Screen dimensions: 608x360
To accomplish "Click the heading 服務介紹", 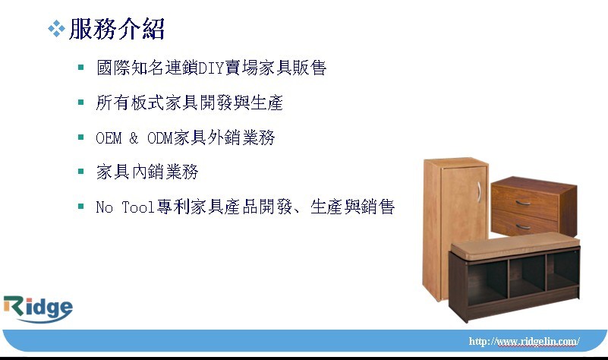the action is [x=117, y=29].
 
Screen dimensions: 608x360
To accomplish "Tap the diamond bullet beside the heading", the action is [x=56, y=29].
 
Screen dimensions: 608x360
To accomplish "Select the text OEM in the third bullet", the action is [x=109, y=137].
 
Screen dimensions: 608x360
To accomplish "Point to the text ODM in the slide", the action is [x=159, y=137].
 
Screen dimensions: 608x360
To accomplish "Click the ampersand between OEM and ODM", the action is [x=134, y=137].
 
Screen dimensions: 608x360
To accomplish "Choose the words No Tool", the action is [x=125, y=207].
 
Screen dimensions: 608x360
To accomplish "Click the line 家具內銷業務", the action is [x=147, y=172].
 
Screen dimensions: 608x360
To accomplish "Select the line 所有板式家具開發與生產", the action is [x=189, y=103].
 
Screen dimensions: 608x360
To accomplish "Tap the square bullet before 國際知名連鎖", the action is [x=80, y=68].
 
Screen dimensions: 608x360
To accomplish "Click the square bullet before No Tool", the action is [x=80, y=206].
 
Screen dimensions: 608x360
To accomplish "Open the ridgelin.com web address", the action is [x=525, y=341].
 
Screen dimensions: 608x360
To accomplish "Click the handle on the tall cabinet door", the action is [x=479, y=191].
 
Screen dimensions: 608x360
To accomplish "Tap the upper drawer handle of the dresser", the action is [x=523, y=203].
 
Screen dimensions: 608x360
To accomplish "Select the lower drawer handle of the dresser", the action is [x=523, y=226].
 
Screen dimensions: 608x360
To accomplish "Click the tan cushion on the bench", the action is [x=515, y=245].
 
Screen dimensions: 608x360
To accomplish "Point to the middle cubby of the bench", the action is [x=528, y=276].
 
